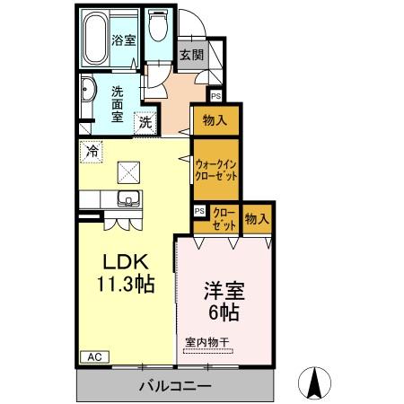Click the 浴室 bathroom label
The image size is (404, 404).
point(122,40)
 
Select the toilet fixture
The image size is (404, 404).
point(158,27)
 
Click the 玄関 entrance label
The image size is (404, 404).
point(191,55)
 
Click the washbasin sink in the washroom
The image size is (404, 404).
point(88,92)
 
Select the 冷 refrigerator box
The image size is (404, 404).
point(91,152)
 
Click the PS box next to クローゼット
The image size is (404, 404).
point(199,211)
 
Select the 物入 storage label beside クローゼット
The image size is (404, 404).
point(258,218)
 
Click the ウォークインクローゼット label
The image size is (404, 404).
point(216,170)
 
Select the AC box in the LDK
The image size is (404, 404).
point(94,356)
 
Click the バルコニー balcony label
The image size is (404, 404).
point(175,386)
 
